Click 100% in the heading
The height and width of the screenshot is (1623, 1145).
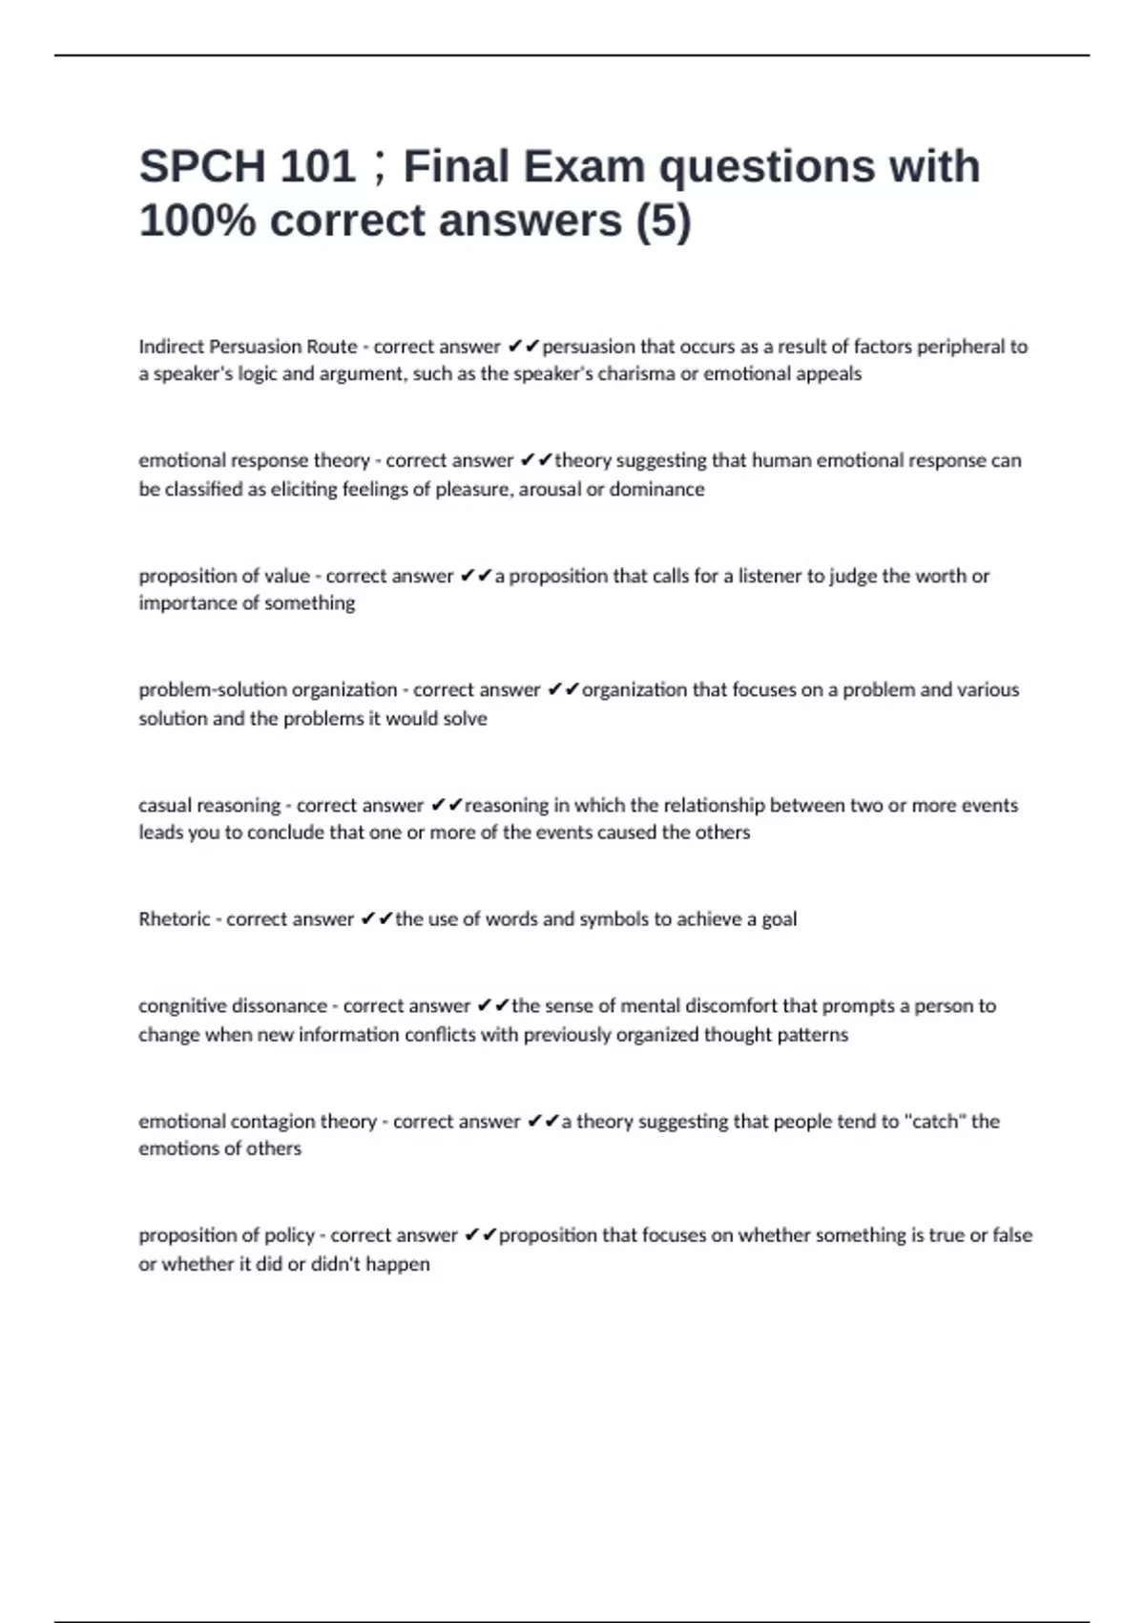coord(197,221)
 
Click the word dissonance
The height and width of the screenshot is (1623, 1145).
coord(282,1005)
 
